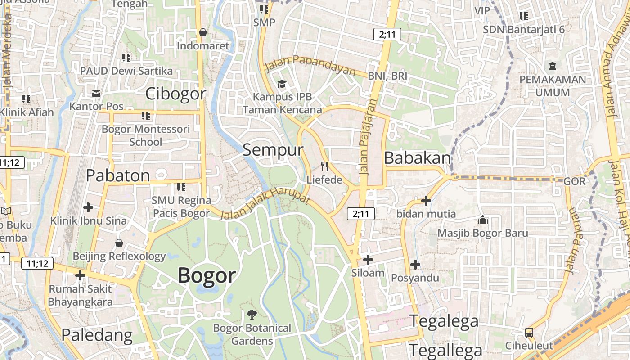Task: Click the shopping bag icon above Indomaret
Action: tap(203, 32)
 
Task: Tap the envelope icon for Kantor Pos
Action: tap(96, 93)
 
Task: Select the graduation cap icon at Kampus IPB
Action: tap(282, 84)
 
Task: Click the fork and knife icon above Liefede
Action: tap(324, 167)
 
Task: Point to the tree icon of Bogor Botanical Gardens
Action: tap(252, 315)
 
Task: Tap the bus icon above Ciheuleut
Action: tap(529, 333)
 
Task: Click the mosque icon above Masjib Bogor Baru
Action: tap(483, 220)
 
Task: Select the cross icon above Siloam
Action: tap(368, 260)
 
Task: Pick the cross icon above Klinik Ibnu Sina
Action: tap(88, 207)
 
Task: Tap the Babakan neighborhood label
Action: tap(417, 158)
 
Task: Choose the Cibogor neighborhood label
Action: tap(175, 94)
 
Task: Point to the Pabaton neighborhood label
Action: tap(118, 175)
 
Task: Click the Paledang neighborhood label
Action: tap(97, 335)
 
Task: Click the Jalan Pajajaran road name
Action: tap(367, 137)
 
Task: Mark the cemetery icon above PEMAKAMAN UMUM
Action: tap(553, 66)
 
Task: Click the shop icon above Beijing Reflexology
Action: tap(119, 243)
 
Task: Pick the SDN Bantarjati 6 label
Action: tap(524, 30)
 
